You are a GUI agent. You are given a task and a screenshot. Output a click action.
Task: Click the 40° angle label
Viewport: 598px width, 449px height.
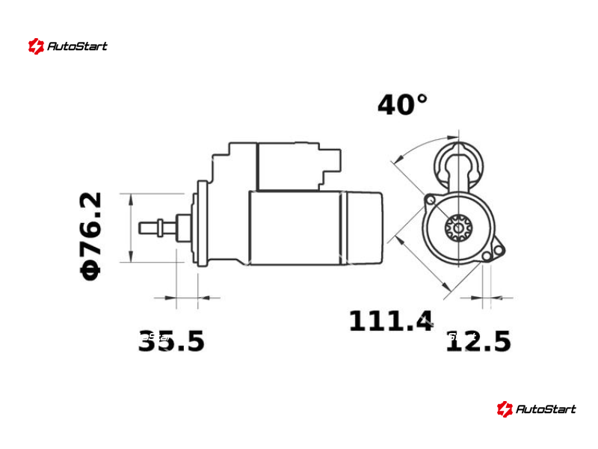(402, 105)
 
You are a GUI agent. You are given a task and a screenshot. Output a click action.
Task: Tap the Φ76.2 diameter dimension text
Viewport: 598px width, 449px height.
(91, 236)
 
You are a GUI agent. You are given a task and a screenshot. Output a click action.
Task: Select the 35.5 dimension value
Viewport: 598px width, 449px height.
(171, 341)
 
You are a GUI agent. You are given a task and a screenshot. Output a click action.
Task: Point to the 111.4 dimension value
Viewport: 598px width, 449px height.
(391, 321)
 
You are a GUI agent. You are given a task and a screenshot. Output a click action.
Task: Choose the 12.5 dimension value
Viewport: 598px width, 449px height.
(478, 341)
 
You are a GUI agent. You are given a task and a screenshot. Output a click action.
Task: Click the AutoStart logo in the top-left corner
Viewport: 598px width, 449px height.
(67, 46)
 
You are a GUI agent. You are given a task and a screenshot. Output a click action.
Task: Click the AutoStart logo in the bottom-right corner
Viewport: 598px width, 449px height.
(536, 409)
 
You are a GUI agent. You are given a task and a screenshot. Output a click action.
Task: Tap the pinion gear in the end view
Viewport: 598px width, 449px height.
(458, 228)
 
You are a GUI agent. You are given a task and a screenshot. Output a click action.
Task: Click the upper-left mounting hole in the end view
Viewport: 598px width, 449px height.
(431, 200)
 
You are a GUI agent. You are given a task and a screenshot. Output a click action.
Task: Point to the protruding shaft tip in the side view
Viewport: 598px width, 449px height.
(147, 228)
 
